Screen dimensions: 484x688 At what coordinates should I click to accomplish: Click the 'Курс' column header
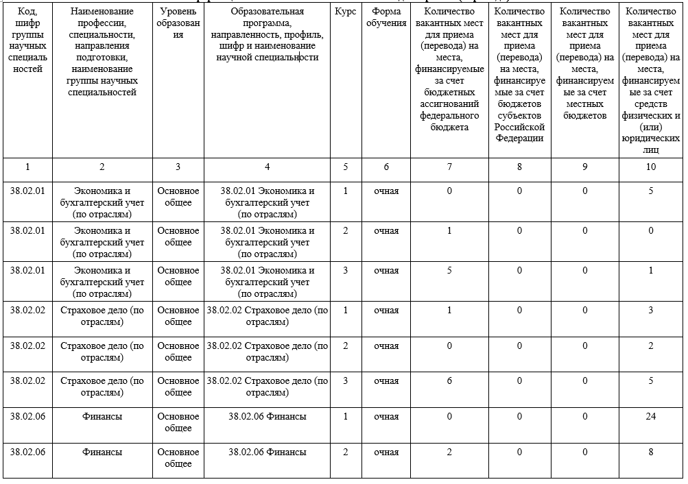point(345,12)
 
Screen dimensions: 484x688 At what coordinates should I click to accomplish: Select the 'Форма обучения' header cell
point(386,17)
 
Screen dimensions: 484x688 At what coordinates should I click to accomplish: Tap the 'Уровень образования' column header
point(178,23)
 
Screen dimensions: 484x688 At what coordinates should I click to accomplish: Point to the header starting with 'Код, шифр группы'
point(27,40)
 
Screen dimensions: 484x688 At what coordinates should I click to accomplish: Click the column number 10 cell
point(650,167)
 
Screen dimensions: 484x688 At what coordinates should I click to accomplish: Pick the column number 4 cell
point(267,167)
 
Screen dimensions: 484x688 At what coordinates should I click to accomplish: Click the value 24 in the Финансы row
point(650,416)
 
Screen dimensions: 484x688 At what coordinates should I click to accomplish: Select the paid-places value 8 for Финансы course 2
point(650,452)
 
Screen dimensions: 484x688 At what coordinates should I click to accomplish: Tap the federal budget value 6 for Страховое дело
point(449,380)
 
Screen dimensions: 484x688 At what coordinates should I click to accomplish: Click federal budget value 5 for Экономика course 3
point(449,270)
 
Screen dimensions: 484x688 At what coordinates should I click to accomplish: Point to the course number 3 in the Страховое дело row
point(345,380)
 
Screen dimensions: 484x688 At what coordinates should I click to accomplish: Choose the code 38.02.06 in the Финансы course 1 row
point(27,416)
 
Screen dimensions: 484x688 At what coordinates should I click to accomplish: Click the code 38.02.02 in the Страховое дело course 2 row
point(27,346)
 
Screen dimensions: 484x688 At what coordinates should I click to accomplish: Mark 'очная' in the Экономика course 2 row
point(386,230)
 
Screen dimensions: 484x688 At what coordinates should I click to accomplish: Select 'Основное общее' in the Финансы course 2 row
point(178,458)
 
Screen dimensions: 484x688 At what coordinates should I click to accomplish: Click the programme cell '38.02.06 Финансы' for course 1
point(267,416)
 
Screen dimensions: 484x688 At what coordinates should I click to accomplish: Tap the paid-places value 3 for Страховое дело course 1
point(650,310)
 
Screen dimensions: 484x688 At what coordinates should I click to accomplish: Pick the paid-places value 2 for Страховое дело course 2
point(650,346)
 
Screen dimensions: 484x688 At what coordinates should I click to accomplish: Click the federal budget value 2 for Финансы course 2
point(449,452)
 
